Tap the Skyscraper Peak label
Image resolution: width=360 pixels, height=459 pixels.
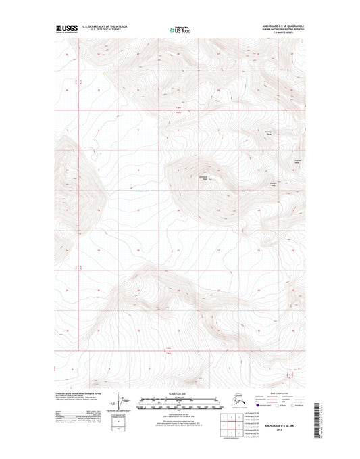point(203,178)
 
